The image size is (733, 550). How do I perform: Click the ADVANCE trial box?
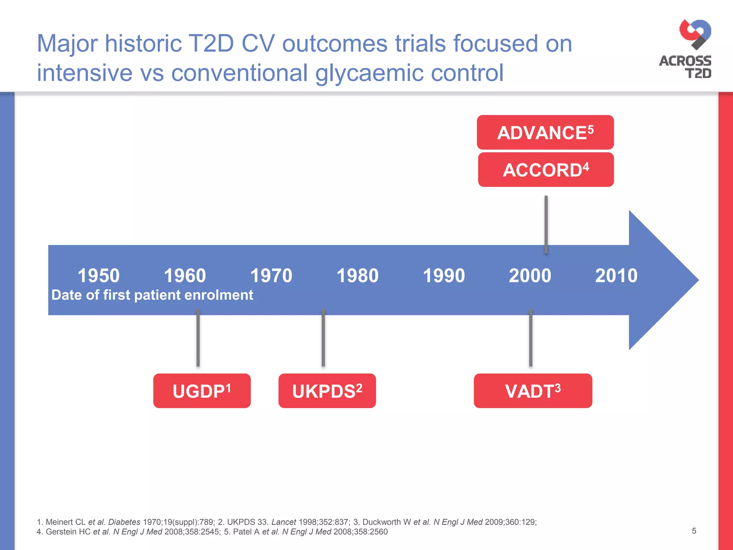[x=545, y=132]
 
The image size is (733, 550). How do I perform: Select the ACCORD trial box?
[x=546, y=170]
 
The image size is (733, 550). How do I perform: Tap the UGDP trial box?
[x=202, y=391]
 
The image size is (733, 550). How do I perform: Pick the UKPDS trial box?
[x=327, y=391]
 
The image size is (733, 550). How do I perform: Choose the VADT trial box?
[x=533, y=391]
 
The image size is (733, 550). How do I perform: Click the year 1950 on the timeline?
[x=98, y=276]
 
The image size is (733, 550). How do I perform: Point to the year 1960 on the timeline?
[x=185, y=276]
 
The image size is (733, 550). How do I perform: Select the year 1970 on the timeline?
[x=271, y=276]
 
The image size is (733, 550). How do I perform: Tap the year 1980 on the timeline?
[x=357, y=276]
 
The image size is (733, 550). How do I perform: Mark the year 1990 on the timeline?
[x=444, y=276]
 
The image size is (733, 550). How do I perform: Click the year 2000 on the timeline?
[x=530, y=276]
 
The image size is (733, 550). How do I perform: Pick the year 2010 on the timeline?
[x=616, y=276]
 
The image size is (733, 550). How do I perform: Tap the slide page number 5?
[x=694, y=531]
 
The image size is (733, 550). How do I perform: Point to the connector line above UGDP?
[x=198, y=338]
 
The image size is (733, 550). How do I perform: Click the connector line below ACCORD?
[x=546, y=224]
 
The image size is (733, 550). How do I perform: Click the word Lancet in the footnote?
[x=283, y=522]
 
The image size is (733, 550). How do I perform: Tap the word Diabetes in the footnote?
[x=124, y=522]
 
